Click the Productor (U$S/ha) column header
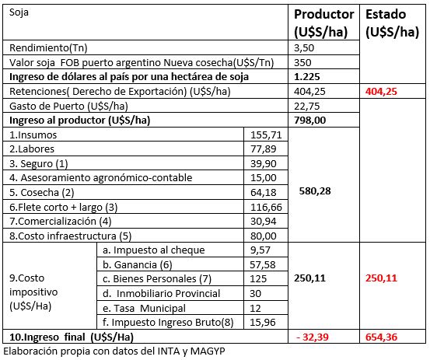[x=324, y=23]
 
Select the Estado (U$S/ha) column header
[x=393, y=23]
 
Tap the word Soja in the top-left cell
[x=19, y=12]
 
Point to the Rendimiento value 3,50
[x=304, y=48]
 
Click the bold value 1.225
[x=307, y=76]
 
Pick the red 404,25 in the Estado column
[x=381, y=91]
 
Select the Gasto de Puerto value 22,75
[x=307, y=106]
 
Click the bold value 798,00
[x=310, y=120]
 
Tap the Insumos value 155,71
[x=266, y=135]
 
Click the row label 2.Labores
[x=32, y=149]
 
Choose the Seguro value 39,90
[x=264, y=164]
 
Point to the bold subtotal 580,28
[x=315, y=190]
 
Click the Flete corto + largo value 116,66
[x=266, y=207]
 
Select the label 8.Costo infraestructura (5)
[x=71, y=236]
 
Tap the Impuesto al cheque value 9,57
[x=260, y=250]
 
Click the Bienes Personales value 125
[x=258, y=279]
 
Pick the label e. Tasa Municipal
[x=145, y=308]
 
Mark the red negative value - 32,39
[x=313, y=337]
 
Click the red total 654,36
[x=381, y=337]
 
